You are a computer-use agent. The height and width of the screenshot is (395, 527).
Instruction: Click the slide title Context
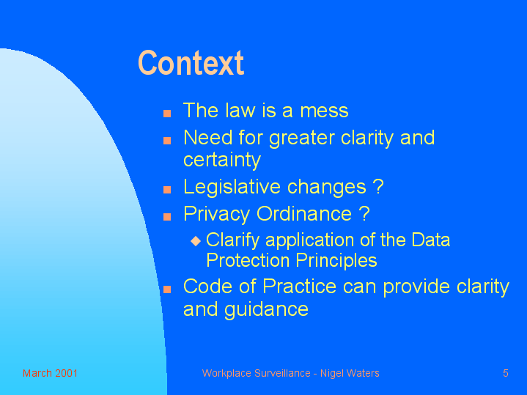(x=191, y=63)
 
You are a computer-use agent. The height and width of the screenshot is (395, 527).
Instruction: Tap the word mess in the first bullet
(x=324, y=111)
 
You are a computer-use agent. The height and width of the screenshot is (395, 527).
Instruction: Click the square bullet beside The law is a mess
(x=167, y=114)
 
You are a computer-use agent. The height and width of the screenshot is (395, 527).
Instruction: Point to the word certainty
(x=222, y=160)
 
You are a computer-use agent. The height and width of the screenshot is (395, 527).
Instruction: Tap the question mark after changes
(x=378, y=186)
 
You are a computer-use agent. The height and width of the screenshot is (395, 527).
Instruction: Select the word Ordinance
(x=304, y=214)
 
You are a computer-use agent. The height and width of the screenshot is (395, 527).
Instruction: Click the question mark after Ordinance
(x=364, y=213)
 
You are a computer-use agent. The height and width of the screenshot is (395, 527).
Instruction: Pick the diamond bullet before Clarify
(x=196, y=240)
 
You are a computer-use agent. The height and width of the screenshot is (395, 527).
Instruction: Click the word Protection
(x=248, y=261)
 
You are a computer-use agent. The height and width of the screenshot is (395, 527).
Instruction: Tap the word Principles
(x=336, y=261)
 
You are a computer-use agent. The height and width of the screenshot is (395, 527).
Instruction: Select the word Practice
(x=300, y=287)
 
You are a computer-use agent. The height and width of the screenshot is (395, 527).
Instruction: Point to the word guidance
(x=266, y=309)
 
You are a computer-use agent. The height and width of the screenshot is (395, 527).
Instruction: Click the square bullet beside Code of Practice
(x=167, y=289)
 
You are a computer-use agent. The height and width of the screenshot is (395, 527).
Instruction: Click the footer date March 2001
(x=50, y=373)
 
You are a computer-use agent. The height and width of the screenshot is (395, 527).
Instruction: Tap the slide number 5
(x=506, y=373)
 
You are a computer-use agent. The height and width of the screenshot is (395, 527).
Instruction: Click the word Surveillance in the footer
(x=282, y=373)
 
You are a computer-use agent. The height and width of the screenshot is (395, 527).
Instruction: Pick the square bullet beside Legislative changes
(x=167, y=190)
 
